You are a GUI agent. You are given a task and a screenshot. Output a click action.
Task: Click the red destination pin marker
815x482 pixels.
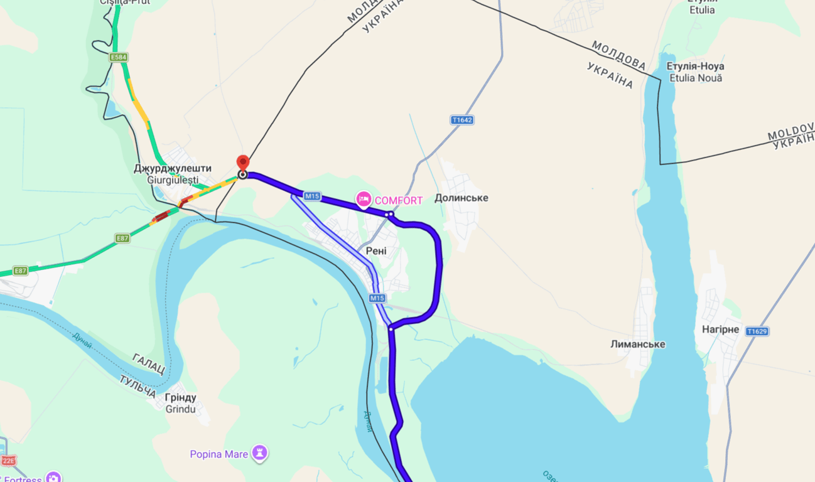click(x=242, y=162)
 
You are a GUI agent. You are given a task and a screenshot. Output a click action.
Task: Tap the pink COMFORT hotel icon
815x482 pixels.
click(x=364, y=200)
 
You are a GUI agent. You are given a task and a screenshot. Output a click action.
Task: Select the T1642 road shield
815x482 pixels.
click(x=461, y=119)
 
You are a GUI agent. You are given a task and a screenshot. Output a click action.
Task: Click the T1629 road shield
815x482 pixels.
click(x=757, y=331)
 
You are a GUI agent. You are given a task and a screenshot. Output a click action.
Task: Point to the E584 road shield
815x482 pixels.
click(x=118, y=57)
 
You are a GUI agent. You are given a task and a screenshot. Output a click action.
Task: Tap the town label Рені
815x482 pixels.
click(x=376, y=251)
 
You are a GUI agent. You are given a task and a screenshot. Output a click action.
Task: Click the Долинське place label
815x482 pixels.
click(x=461, y=198)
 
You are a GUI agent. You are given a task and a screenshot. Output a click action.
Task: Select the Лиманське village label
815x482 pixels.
click(x=637, y=344)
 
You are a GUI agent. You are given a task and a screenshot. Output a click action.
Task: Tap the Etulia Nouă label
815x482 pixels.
click(x=696, y=78)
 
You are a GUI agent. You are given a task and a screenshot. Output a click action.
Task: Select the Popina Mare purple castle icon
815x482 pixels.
click(x=259, y=453)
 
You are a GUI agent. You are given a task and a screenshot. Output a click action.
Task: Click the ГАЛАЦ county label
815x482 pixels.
click(x=148, y=363)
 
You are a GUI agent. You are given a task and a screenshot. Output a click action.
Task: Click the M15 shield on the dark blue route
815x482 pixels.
click(x=312, y=196)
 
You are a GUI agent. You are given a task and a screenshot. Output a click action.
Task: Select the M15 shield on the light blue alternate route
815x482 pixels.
click(x=377, y=298)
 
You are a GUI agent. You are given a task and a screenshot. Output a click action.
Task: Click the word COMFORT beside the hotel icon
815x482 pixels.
click(x=399, y=200)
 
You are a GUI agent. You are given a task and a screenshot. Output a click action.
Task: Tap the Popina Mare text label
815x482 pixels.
click(x=219, y=454)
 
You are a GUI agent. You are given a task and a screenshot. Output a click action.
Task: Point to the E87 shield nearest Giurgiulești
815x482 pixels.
click(x=122, y=238)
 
